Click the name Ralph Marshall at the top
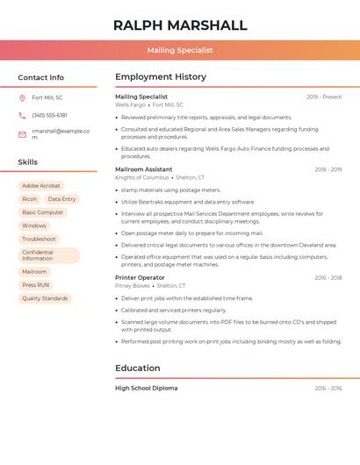pyautogui.click(x=180, y=25)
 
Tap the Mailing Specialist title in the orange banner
pyautogui.click(x=180, y=50)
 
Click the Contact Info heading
pyautogui.click(x=41, y=77)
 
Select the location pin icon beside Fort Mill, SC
pyautogui.click(x=22, y=97)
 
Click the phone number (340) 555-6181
pyautogui.click(x=49, y=115)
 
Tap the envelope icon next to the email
pyautogui.click(x=22, y=134)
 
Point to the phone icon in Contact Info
pyautogui.click(x=22, y=115)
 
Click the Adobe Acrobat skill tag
pyautogui.click(x=41, y=186)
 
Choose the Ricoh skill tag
pyautogui.click(x=29, y=199)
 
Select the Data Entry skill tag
pyautogui.click(x=61, y=199)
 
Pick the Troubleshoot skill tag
pyautogui.click(x=39, y=239)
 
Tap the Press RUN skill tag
pyautogui.click(x=36, y=285)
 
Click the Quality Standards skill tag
pyautogui.click(x=45, y=298)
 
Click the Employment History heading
pyautogui.click(x=160, y=77)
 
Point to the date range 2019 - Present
pyautogui.click(x=324, y=97)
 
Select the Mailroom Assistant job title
pyautogui.click(x=143, y=169)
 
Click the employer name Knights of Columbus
pyautogui.click(x=141, y=177)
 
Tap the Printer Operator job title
pyautogui.click(x=140, y=277)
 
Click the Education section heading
pyautogui.click(x=138, y=368)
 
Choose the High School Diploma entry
pyautogui.click(x=146, y=388)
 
